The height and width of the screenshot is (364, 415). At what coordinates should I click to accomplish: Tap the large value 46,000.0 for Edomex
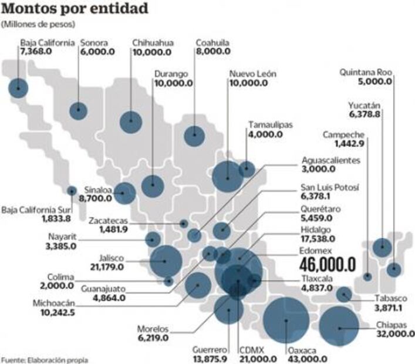328,265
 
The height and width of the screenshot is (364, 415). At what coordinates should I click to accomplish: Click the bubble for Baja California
18,88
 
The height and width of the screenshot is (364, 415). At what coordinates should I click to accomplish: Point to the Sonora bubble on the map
78,110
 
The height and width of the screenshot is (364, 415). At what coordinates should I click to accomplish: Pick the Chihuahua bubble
130,122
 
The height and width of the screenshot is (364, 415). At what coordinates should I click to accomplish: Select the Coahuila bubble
194,136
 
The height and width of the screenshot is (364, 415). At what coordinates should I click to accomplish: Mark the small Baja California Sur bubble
72,190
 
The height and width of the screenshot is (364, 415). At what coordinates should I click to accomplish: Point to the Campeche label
343,135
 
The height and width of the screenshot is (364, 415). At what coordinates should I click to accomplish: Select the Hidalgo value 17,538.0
318,239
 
